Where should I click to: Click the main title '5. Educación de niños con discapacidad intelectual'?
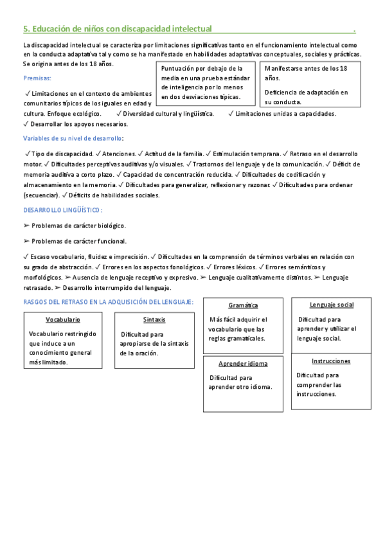tap(117, 28)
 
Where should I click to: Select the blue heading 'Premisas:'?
tap(38, 78)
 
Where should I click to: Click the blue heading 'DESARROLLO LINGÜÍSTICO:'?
tap(62, 210)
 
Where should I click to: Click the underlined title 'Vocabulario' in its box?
tap(63, 319)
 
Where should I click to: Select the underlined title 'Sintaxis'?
tap(154, 319)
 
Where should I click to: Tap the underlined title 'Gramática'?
tap(243, 305)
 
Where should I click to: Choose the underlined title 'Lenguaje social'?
tap(331, 305)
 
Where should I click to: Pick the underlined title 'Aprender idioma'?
tap(243, 363)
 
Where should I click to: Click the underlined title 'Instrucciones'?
tap(331, 361)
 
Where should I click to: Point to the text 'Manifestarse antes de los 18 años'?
tap(306, 73)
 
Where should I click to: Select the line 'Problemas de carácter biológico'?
tap(78, 226)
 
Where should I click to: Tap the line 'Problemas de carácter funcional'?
tap(78, 241)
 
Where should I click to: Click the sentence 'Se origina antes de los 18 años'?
tap(67, 64)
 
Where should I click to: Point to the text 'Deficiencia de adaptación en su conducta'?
tap(306, 97)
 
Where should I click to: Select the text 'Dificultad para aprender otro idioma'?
tap(240, 382)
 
